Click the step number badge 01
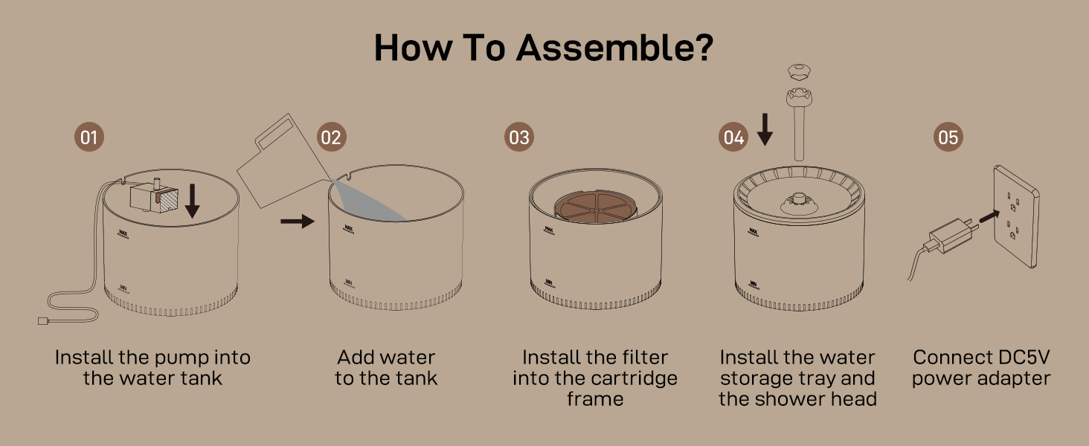coord(89,138)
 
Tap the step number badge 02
coord(332,138)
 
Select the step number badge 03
coord(519,138)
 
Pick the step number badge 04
coord(733,138)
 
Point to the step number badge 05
coord(948,138)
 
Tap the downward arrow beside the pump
coord(192,201)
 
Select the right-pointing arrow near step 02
coord(298,221)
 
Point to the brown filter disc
coord(595,207)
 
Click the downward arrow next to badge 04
coord(765,131)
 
